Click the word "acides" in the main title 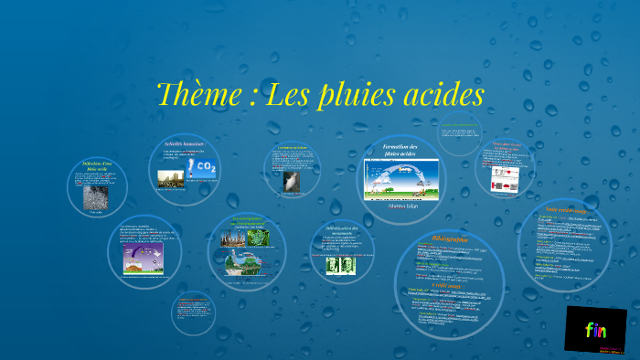438,94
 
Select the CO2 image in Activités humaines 201,169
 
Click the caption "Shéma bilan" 401,206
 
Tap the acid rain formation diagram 401,180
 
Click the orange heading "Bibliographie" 449,239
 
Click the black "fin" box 595,329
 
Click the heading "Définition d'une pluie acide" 95,167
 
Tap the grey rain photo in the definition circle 95,197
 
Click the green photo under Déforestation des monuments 339,264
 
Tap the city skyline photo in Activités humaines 171,178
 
